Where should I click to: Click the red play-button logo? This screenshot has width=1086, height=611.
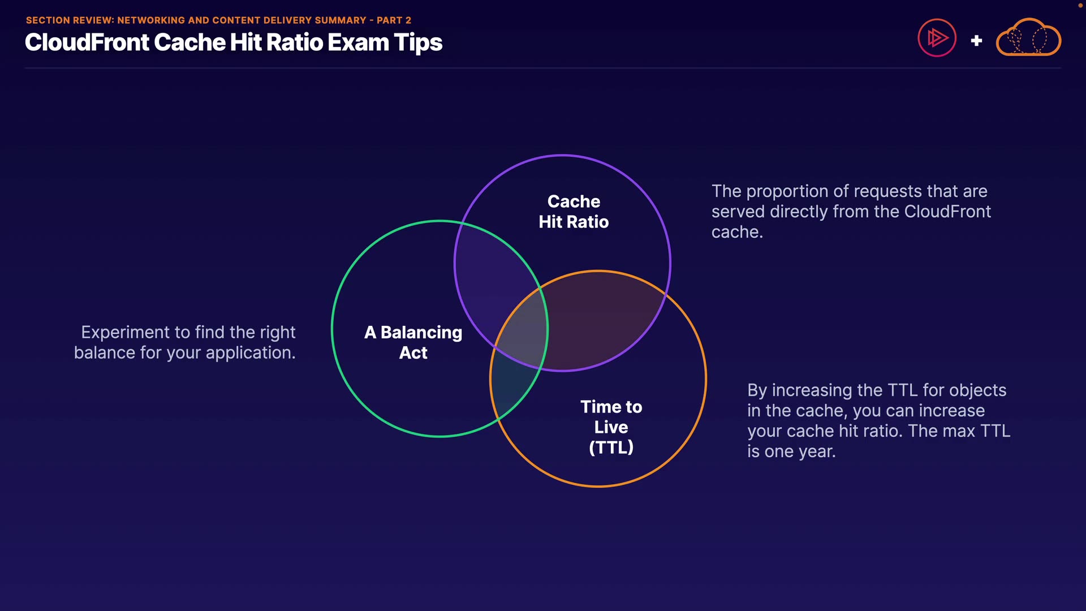[x=937, y=38]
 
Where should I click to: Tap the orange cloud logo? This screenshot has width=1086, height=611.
[x=1028, y=37]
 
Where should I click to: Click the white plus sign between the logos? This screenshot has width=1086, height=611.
[x=976, y=41]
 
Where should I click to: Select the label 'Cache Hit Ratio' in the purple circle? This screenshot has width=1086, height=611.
[x=574, y=212]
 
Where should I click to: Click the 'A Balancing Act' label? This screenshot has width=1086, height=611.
[x=413, y=342]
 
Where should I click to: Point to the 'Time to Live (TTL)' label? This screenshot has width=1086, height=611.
[x=611, y=427]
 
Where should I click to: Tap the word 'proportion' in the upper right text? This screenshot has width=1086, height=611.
[x=792, y=192]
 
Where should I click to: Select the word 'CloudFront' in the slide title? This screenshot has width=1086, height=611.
[x=87, y=42]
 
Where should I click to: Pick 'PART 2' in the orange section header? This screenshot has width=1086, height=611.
[x=394, y=20]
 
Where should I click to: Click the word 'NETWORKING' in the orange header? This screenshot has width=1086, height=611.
[x=151, y=20]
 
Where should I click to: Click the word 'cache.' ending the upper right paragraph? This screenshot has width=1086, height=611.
[x=737, y=232]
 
